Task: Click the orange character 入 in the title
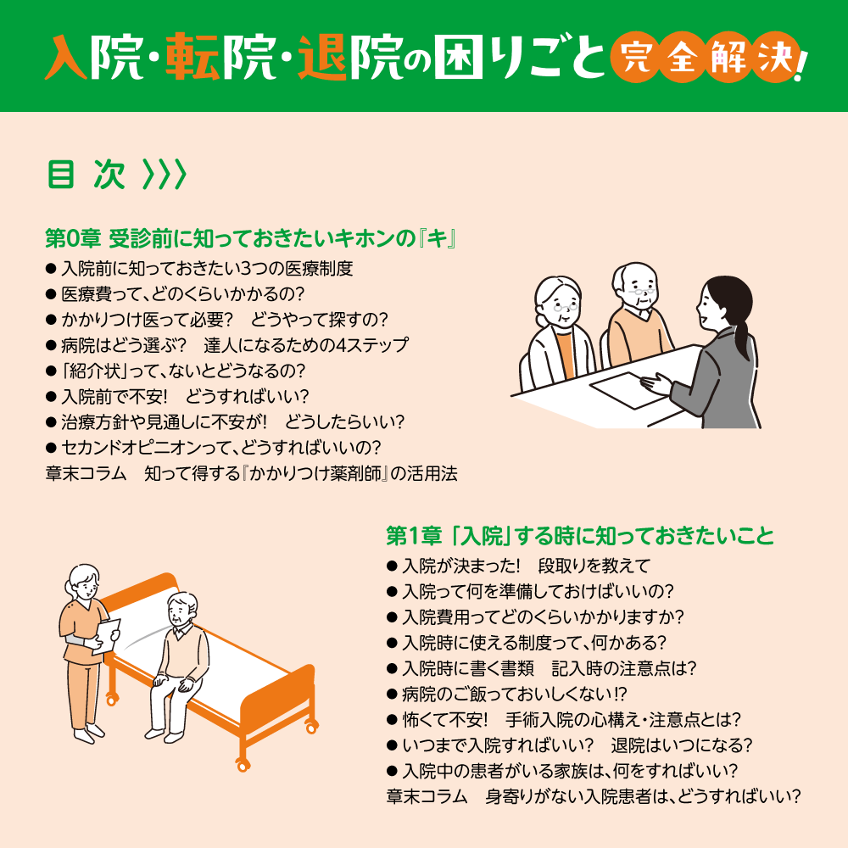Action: click(x=68, y=58)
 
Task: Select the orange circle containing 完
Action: click(x=630, y=60)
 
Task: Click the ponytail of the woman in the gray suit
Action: click(x=744, y=335)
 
